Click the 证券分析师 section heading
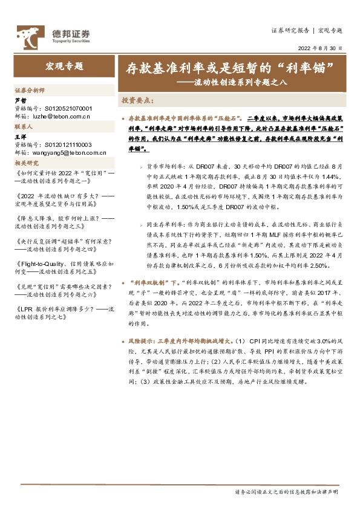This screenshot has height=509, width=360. pos(30,89)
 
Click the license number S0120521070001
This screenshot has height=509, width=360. pos(68,107)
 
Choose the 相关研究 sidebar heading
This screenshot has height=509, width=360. pos(26,163)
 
